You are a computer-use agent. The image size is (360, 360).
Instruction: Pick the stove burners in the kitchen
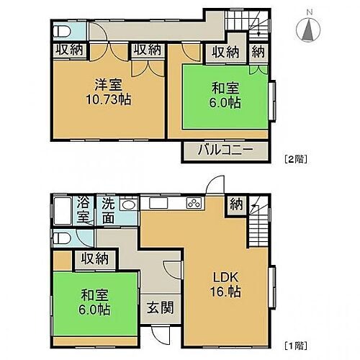coord(193,202)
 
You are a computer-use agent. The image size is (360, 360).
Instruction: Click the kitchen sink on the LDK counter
coord(158,202)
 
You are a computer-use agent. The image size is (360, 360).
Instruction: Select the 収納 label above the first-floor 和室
coord(95,257)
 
